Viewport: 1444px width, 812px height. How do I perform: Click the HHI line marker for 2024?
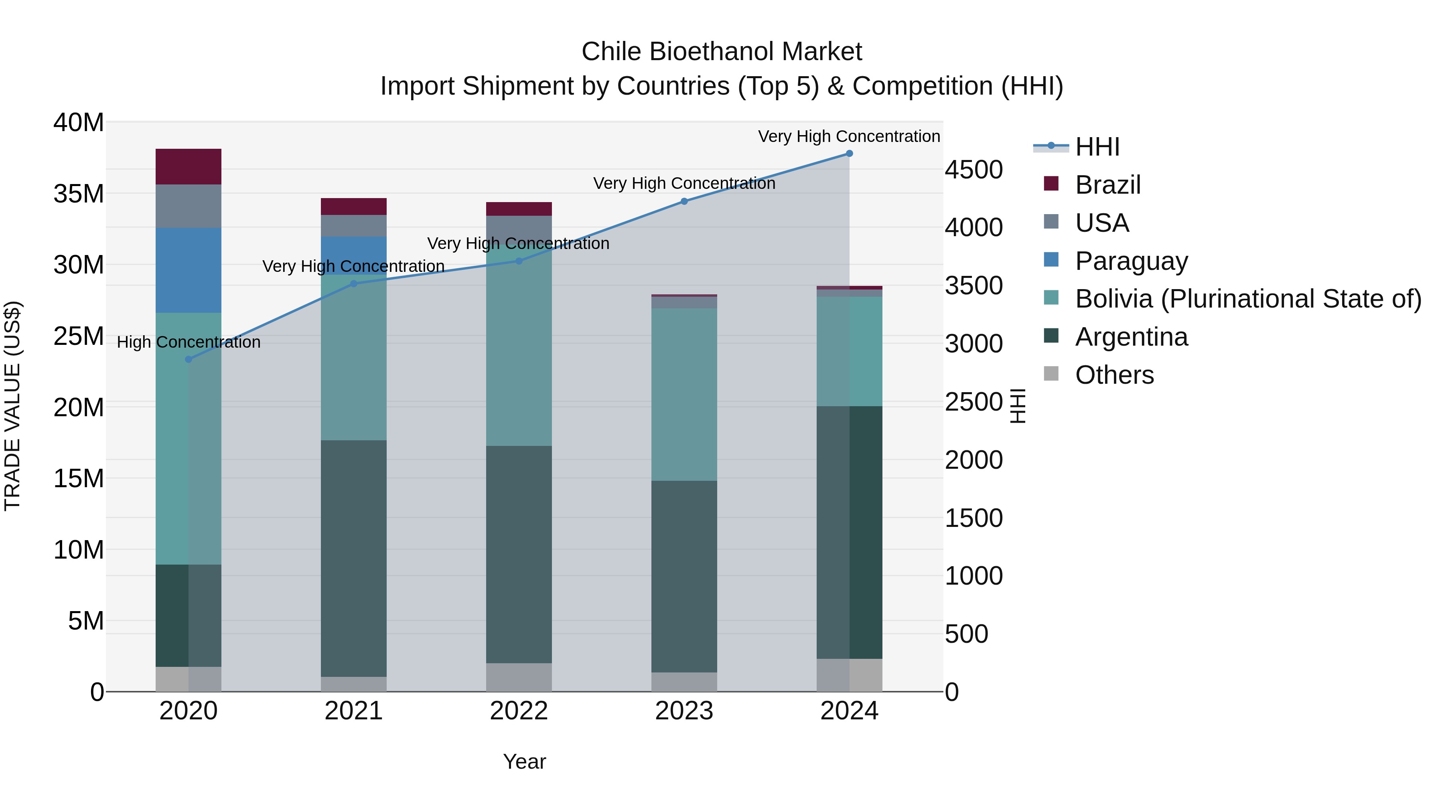849,154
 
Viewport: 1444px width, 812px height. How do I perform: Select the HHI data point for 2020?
189,359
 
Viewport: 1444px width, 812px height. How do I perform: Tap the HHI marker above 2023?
684,201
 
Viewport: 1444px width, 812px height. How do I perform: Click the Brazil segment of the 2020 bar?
189,166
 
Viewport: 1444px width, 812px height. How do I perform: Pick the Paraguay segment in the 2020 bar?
189,270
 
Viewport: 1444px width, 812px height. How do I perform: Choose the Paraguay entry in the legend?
1131,261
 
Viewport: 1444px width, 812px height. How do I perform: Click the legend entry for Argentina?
1131,337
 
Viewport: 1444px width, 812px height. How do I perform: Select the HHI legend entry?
1097,147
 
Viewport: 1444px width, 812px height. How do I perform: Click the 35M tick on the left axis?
79,194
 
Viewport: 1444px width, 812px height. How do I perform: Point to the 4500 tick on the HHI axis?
973,170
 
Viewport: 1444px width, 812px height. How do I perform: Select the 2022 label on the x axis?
519,711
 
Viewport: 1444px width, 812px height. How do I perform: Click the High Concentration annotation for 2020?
189,342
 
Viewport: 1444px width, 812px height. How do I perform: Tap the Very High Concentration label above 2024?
849,136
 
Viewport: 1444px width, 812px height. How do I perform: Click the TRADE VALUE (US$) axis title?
12,406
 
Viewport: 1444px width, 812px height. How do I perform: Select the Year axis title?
524,761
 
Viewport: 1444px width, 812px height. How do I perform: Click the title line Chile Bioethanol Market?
722,52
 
